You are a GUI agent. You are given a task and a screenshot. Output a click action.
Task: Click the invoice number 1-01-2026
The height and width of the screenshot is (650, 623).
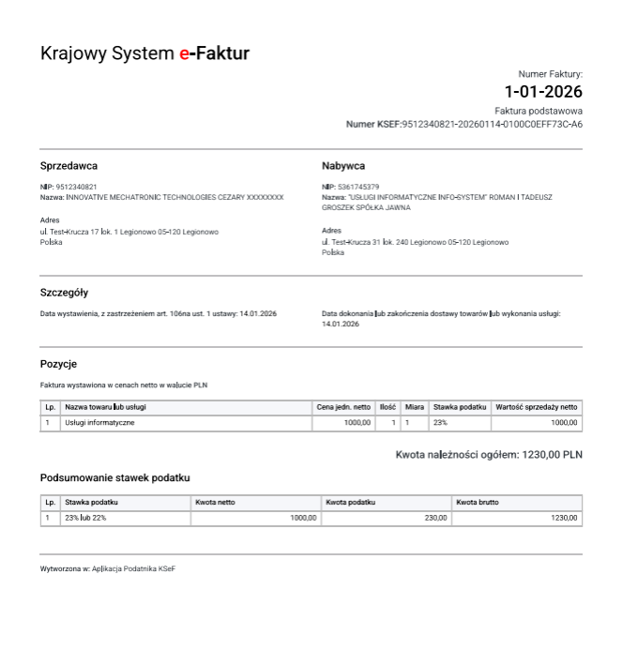(x=543, y=92)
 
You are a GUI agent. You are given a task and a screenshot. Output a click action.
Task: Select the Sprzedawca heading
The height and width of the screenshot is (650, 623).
(x=68, y=165)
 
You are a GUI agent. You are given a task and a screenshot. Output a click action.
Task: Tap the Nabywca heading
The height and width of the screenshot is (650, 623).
(x=342, y=165)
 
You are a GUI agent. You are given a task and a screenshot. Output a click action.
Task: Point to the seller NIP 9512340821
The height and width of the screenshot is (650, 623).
(x=75, y=187)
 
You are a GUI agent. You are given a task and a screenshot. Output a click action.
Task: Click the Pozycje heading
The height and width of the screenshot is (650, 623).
(x=57, y=362)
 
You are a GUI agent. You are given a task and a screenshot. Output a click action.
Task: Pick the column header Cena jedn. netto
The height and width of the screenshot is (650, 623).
(x=343, y=407)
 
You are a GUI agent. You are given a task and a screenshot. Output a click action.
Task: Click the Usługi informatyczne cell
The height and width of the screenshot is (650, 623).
(x=99, y=423)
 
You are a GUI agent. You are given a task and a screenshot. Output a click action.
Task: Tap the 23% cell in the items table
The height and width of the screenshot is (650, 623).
(x=440, y=423)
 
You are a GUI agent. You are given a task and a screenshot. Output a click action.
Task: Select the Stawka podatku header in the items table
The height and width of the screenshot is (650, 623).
(x=460, y=407)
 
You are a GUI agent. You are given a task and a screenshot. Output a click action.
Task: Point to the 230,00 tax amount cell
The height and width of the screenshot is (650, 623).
(x=434, y=518)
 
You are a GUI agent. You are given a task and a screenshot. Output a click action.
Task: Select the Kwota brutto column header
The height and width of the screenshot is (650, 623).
(x=477, y=503)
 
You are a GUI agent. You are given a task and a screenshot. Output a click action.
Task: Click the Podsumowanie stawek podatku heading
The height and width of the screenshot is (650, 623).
(x=115, y=478)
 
